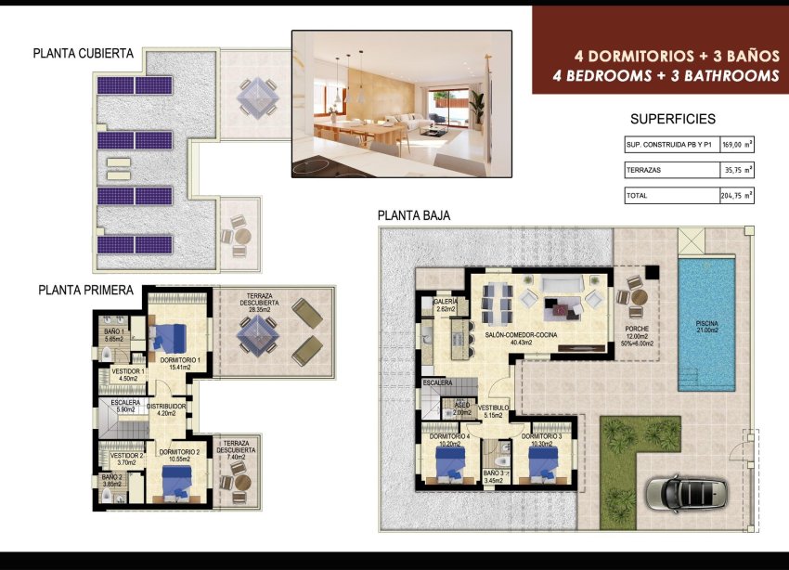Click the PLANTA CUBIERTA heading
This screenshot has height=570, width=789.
[83, 54]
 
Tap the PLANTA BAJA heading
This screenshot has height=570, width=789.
[414, 215]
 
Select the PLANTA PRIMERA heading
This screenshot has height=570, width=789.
[85, 290]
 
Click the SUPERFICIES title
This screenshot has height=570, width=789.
[673, 119]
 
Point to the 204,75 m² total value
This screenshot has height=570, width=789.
[736, 196]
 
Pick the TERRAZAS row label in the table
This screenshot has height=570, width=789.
[644, 171]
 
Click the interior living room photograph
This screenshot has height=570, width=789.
[401, 103]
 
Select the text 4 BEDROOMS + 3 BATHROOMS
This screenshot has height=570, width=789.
[665, 76]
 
